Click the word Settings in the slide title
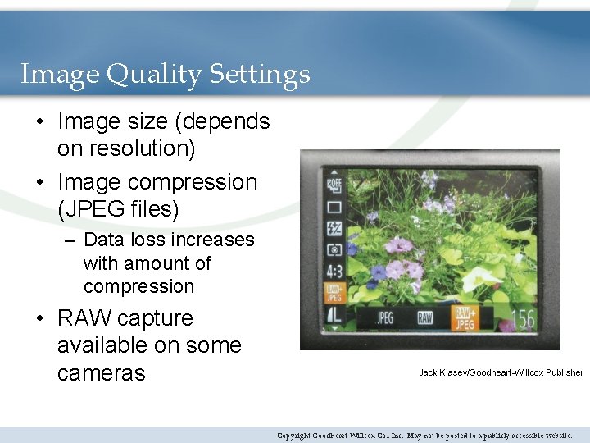pyautogui.click(x=259, y=75)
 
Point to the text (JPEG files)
pyautogui.click(x=118, y=209)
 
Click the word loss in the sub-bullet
pyautogui.click(x=155, y=240)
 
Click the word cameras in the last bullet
pyautogui.click(x=101, y=372)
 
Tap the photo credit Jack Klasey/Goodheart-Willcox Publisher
pyautogui.click(x=501, y=372)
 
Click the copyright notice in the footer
pyautogui.click(x=424, y=435)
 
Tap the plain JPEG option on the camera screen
pyautogui.click(x=384, y=318)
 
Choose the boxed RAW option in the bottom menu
pyautogui.click(x=424, y=318)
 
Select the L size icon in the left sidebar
pyautogui.click(x=334, y=314)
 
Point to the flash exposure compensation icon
pyautogui.click(x=334, y=228)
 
